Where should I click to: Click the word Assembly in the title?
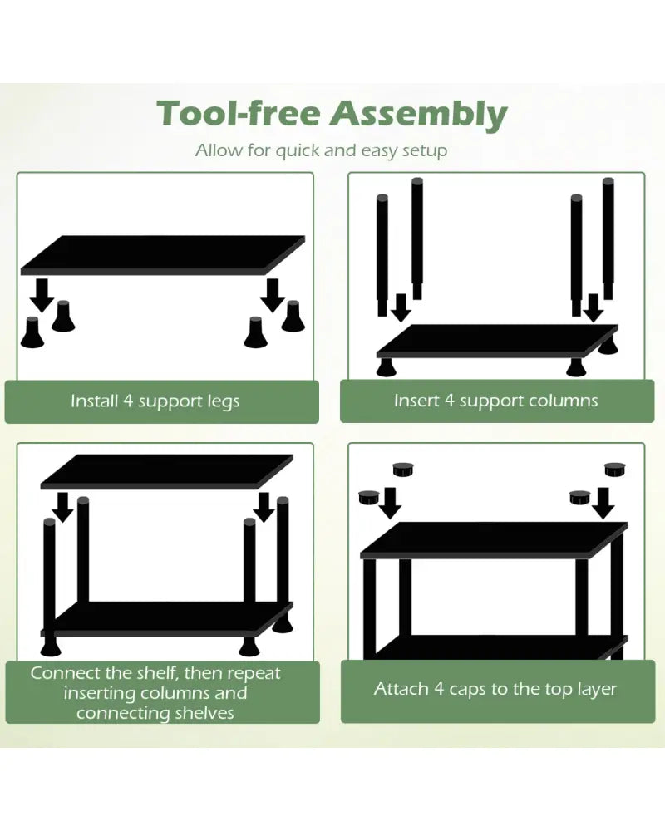point(419,115)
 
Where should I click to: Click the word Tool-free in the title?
point(239,112)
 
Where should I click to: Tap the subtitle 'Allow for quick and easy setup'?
point(321,150)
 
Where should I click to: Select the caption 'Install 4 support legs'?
point(155,401)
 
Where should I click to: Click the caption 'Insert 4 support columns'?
point(495,401)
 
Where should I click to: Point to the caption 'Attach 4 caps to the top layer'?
point(495,689)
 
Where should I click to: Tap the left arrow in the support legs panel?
point(42,295)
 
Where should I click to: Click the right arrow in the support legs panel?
point(273,295)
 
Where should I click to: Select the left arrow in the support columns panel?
point(401,307)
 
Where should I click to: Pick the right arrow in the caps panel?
point(603,503)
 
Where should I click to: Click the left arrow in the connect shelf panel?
point(63,507)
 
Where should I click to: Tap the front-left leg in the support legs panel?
point(32,332)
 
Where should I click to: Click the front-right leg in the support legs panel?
point(255,332)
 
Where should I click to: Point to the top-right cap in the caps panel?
point(614,470)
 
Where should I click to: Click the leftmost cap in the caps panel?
point(368,498)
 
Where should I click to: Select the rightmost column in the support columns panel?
point(608,238)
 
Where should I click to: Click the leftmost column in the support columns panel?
point(382,255)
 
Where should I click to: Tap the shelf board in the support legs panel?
point(163,255)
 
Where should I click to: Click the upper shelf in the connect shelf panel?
point(166,471)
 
